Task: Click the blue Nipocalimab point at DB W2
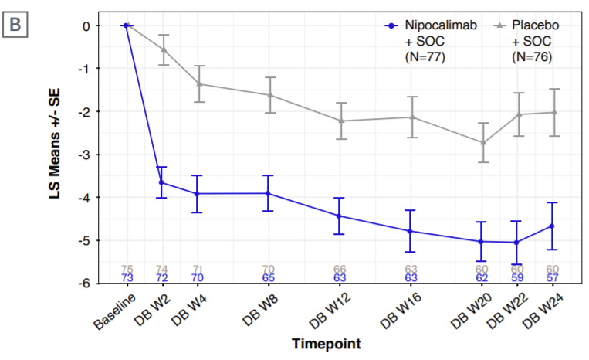pyautogui.click(x=162, y=182)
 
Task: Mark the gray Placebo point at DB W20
pyautogui.click(x=483, y=143)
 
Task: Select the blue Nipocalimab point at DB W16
pyautogui.click(x=412, y=231)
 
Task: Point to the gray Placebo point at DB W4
pyautogui.click(x=198, y=83)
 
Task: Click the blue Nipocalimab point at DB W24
pyautogui.click(x=552, y=226)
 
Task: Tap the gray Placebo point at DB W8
pyautogui.click(x=269, y=95)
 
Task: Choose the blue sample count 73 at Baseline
pyautogui.click(x=127, y=277)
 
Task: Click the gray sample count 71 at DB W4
pyautogui.click(x=198, y=268)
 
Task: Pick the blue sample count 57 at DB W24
pyautogui.click(x=552, y=277)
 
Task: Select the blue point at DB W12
pyautogui.click(x=340, y=216)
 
